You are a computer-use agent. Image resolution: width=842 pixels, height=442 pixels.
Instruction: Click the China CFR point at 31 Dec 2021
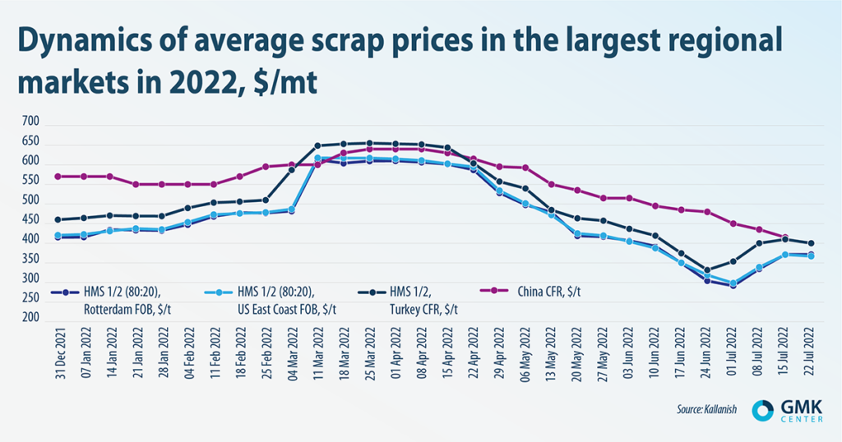coord(58,177)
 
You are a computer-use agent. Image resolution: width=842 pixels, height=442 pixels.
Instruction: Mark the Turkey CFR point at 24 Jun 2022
coord(707,270)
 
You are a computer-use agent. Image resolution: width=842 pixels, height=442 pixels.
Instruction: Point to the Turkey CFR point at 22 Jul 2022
coord(812,243)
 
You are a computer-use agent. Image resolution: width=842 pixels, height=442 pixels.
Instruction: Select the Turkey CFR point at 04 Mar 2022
coord(292,170)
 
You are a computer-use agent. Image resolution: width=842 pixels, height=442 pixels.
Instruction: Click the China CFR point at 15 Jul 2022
coord(785,237)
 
